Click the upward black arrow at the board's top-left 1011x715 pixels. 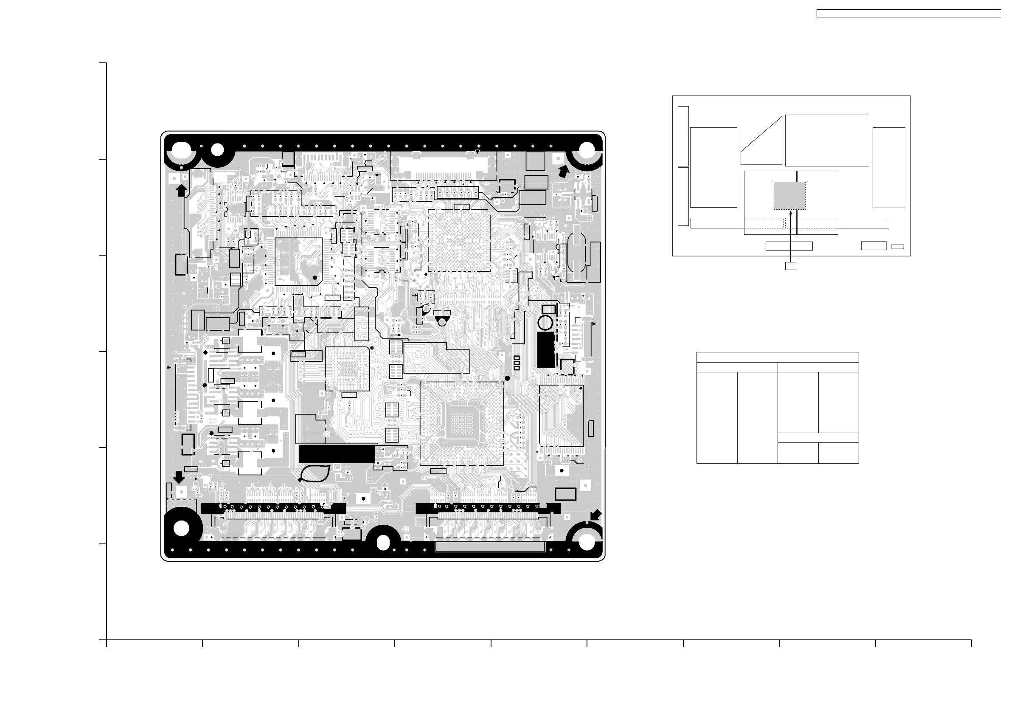pos(181,190)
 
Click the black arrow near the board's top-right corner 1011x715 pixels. pos(563,172)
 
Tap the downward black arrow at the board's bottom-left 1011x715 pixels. pos(179,477)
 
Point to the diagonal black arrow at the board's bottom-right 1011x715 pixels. pos(595,515)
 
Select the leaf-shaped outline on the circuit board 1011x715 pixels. pos(315,473)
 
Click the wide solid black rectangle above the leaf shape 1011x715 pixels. pos(337,454)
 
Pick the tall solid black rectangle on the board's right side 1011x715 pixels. pos(546,350)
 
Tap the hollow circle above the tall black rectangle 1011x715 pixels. pos(545,323)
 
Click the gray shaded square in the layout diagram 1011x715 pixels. pos(789,196)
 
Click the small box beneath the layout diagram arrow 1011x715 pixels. pos(790,266)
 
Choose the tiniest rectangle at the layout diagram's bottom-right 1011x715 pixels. pos(897,247)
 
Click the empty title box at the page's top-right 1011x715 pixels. pos(908,14)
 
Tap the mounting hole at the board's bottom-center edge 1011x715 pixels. pos(384,542)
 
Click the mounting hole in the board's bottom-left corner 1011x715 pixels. pos(181,528)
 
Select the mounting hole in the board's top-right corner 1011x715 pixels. pos(587,151)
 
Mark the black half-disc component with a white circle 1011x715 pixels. pos(442,320)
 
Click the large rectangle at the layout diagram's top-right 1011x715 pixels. pos(827,141)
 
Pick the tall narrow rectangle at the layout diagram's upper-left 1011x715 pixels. pos(683,136)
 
